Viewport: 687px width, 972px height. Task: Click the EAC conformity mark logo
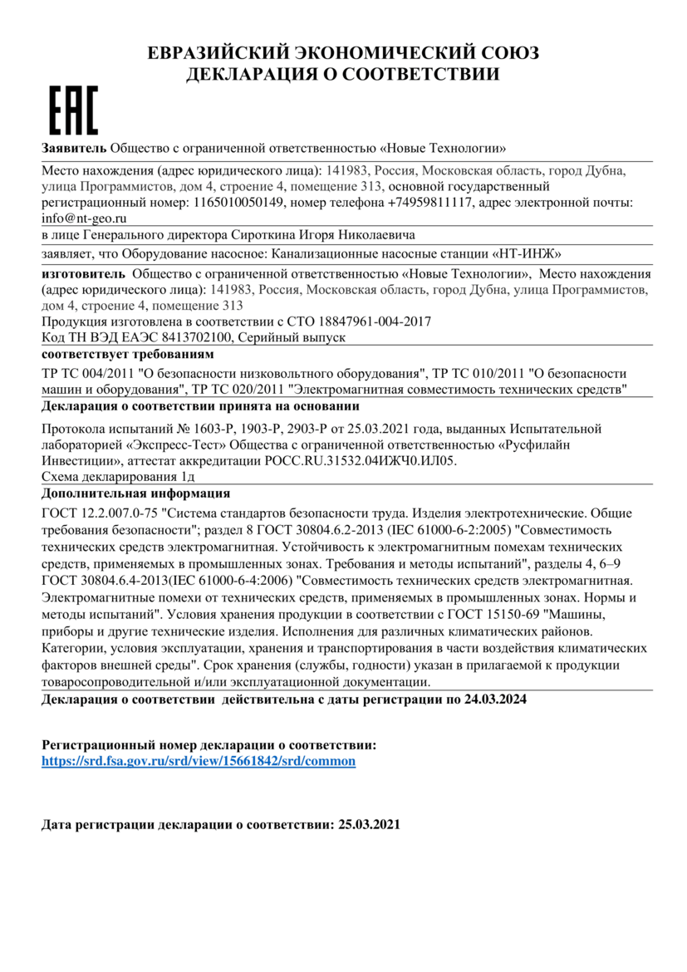tap(74, 110)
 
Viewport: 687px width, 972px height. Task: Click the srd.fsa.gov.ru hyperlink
tap(199, 760)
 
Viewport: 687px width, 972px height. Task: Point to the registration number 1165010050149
tap(238, 202)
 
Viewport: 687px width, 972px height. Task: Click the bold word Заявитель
tap(74, 149)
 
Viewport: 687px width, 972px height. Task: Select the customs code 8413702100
tap(203, 337)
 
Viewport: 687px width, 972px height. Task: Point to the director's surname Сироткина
tap(263, 235)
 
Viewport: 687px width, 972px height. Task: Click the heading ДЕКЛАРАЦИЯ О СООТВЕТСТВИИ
tap(342, 75)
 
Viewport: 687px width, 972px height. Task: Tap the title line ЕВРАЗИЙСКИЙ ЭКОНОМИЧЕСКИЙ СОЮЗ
tap(343, 54)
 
